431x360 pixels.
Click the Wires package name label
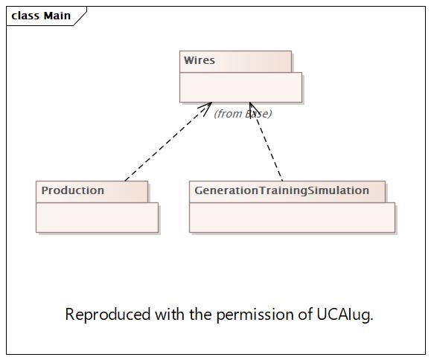(199, 60)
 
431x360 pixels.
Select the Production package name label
(72, 190)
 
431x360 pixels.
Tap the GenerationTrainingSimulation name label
(281, 191)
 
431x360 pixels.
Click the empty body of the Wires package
(240, 87)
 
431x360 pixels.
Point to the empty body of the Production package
(97, 217)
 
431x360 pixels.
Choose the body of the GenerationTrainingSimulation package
(292, 217)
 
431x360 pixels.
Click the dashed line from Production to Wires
(168, 141)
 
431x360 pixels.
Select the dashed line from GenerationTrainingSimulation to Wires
(266, 141)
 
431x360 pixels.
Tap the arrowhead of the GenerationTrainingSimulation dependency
(253, 109)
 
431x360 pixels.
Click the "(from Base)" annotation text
(243, 113)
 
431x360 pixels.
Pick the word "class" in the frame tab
(25, 16)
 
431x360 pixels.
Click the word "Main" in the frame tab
(57, 16)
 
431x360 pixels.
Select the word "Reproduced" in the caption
(108, 315)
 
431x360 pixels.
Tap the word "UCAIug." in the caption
(345, 315)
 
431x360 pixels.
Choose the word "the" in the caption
(200, 314)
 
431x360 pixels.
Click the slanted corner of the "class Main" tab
(80, 16)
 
